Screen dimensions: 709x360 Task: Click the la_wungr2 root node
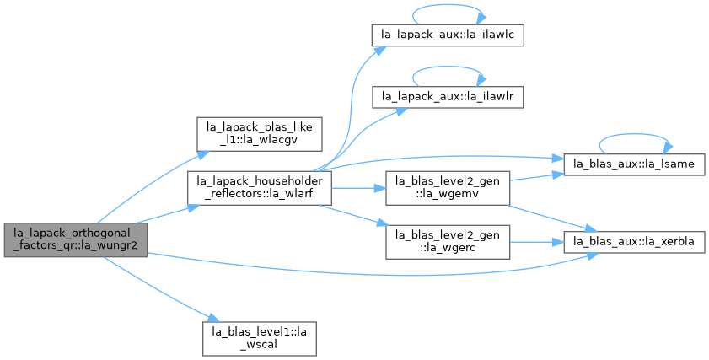tap(76, 240)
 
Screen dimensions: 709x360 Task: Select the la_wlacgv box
tap(259, 134)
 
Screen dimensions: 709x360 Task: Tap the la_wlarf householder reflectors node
tap(260, 188)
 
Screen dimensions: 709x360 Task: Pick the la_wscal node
tap(259, 338)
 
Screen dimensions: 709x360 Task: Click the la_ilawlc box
tap(448, 35)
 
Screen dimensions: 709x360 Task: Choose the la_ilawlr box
tap(448, 97)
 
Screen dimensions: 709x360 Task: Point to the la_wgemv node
tap(448, 188)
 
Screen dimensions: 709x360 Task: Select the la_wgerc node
tap(448, 242)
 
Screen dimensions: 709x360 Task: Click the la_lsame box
tap(634, 164)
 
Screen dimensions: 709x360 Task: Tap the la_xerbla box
tap(634, 242)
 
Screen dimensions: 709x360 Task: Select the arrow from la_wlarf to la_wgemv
tap(358, 188)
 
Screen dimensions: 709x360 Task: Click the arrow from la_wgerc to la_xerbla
tap(537, 243)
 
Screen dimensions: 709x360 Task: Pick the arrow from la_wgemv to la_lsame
tap(537, 176)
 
